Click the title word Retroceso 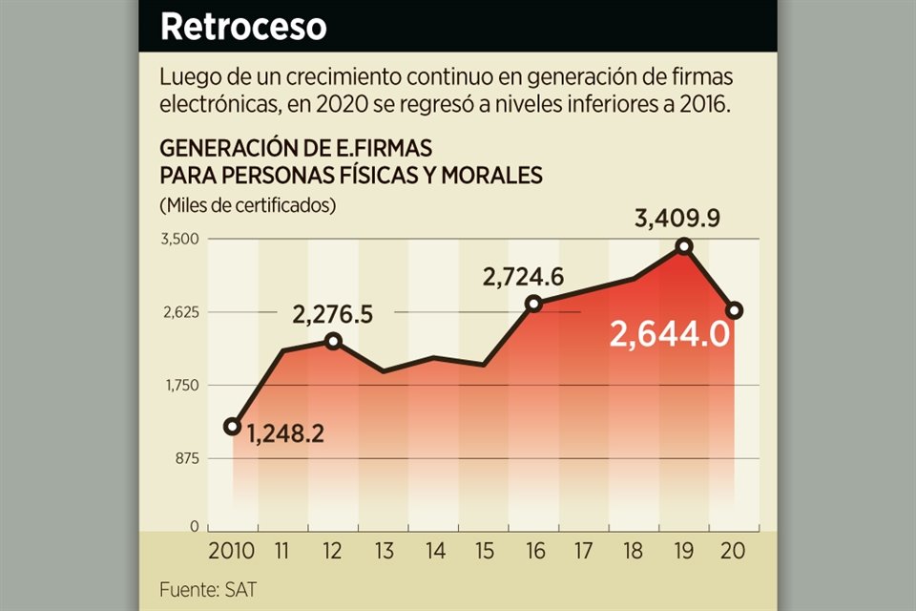(x=243, y=27)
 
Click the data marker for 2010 (x=232, y=426)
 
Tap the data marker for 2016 (x=533, y=304)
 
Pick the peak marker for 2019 (x=683, y=246)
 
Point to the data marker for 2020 (x=734, y=310)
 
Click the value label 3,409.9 (x=677, y=219)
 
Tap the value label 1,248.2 (x=285, y=434)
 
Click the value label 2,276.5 (x=333, y=313)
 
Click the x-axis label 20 (x=734, y=551)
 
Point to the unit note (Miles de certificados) (x=248, y=205)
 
